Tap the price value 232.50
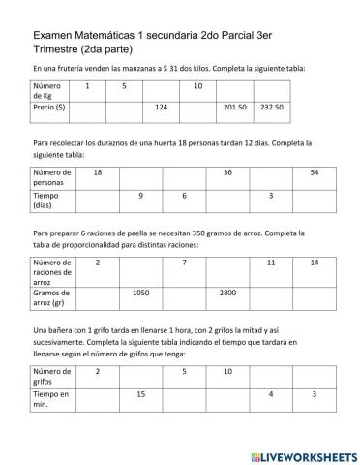coord(272,107)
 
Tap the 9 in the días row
coord(141,196)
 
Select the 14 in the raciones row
coord(314,263)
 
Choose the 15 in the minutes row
coord(141,393)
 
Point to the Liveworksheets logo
coord(302,454)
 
